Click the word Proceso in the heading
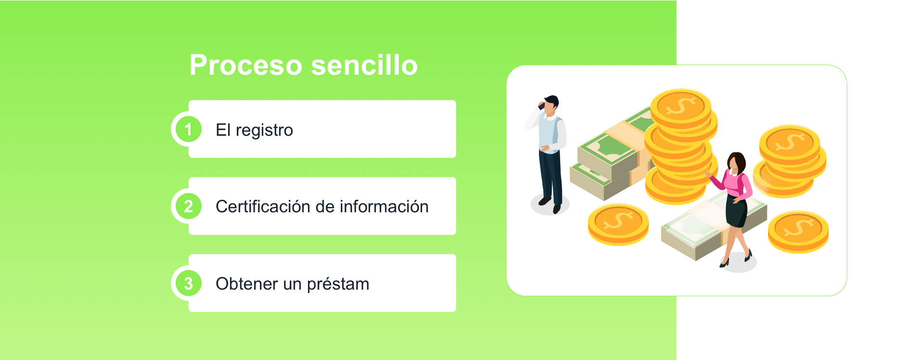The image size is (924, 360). [245, 65]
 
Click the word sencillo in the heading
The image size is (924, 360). [364, 65]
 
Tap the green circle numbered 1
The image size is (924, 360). [188, 129]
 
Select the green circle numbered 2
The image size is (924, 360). [188, 206]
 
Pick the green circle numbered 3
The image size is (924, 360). [188, 283]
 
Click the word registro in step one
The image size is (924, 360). [264, 130]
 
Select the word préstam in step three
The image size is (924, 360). [338, 284]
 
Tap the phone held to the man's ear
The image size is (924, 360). [541, 105]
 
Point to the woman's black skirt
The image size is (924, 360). [736, 212]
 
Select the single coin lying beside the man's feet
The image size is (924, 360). [618, 224]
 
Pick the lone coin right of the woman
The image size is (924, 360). [798, 231]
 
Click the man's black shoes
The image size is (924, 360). [551, 205]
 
